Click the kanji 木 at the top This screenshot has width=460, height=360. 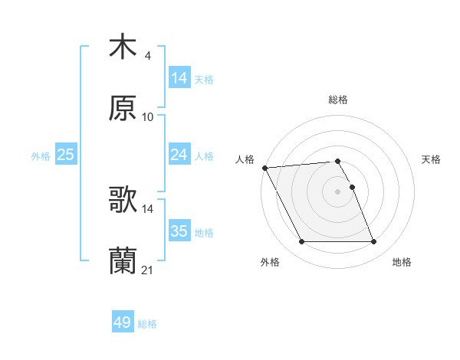123,47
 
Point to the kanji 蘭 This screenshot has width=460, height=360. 123,261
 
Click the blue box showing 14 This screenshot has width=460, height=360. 179,78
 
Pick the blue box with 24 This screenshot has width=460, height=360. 179,155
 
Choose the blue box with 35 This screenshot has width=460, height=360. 179,231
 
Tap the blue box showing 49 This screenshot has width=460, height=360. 123,323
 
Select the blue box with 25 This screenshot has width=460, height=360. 66,155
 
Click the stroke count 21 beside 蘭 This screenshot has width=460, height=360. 148,270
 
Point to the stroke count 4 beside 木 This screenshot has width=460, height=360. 147,56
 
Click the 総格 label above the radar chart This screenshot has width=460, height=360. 338,100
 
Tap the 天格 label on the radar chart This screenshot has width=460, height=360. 431,159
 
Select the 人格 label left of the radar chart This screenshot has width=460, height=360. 245,159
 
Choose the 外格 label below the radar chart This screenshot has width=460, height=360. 270,262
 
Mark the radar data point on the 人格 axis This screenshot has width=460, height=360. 264,168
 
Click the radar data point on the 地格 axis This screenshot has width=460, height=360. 374,242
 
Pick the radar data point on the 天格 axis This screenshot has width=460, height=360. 353,187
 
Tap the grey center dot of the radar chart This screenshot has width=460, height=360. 338,191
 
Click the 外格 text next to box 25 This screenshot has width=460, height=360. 41,156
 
